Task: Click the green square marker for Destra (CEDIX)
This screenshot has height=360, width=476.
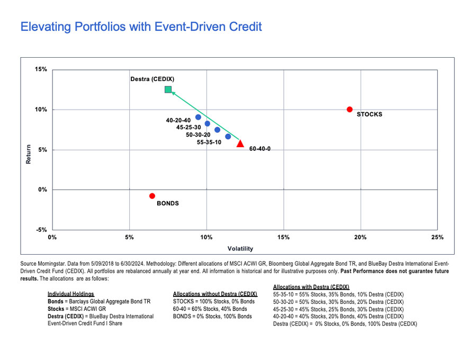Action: [x=168, y=89]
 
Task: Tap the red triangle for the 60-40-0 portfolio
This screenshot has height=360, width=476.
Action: [x=240, y=143]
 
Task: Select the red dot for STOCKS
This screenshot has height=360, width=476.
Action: [x=349, y=110]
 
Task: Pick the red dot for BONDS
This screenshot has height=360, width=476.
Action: [x=152, y=196]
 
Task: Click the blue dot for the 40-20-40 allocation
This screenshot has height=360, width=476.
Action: [x=198, y=118]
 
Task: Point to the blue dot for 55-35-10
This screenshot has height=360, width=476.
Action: [x=228, y=137]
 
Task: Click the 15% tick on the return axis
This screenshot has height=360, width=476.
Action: [x=41, y=69]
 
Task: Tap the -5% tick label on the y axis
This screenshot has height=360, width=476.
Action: [x=41, y=230]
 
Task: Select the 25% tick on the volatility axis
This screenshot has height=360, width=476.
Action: [x=437, y=237]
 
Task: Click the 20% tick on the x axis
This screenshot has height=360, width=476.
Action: [x=360, y=237]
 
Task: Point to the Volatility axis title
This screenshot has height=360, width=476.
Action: [x=240, y=249]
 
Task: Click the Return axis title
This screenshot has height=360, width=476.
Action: [x=29, y=154]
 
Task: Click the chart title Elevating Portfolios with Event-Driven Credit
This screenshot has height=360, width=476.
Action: [x=141, y=26]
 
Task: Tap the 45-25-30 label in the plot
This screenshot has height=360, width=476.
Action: [x=188, y=127]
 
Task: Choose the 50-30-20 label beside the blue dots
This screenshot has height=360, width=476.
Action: [x=198, y=135]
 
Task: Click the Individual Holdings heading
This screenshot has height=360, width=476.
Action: [x=71, y=294]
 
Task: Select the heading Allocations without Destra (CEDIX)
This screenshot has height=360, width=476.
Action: [x=215, y=294]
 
